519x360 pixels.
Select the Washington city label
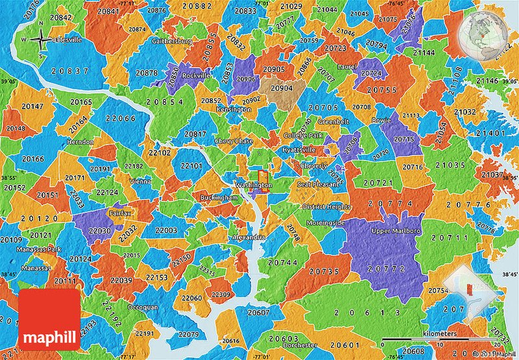(253, 185)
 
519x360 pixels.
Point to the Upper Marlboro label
(396, 231)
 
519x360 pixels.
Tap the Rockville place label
(196, 76)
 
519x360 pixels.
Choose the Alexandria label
(248, 238)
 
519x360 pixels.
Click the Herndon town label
(80, 141)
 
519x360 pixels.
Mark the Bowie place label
(380, 120)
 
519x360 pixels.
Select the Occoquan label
(142, 307)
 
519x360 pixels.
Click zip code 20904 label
(282, 89)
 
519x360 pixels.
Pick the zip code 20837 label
(73, 71)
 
